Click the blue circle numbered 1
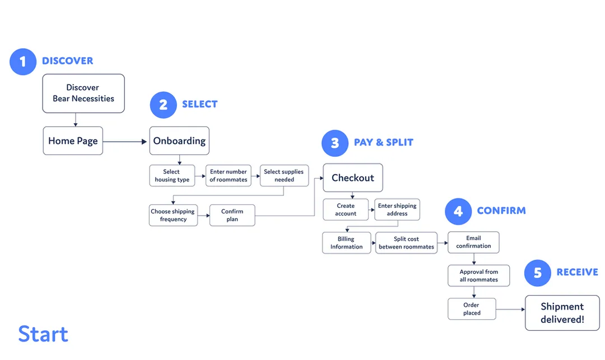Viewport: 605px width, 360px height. point(23,62)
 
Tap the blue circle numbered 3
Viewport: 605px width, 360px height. point(335,143)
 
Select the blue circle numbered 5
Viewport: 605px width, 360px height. point(537,273)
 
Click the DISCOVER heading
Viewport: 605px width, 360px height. point(68,61)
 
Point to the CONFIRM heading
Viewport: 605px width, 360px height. point(501,211)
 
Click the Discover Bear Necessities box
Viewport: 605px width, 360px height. point(83,93)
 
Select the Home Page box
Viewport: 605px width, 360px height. point(73,141)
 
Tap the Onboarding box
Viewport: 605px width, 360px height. point(179,141)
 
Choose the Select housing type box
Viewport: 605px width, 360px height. point(172,176)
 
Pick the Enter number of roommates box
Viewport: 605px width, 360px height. point(229,176)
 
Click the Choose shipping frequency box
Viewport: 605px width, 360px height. point(173,215)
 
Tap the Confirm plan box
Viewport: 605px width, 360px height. point(232,215)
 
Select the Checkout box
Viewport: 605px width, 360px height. point(353,177)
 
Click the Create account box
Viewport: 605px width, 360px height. point(346,210)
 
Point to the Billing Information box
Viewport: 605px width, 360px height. point(347,243)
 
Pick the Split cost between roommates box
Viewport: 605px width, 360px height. point(406,243)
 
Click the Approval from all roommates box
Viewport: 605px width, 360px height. point(479,275)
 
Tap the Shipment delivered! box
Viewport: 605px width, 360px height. point(562,313)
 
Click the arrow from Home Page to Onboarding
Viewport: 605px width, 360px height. point(125,142)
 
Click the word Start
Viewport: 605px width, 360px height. point(43,334)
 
